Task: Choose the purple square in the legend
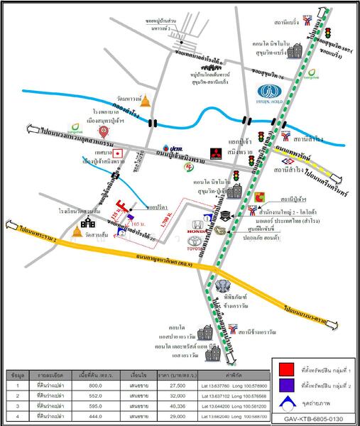pyautogui.click(x=288, y=386)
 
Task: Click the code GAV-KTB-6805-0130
pyautogui.click(x=315, y=419)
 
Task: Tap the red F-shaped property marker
pyautogui.click(x=126, y=210)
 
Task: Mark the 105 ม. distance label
pyautogui.click(x=140, y=225)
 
